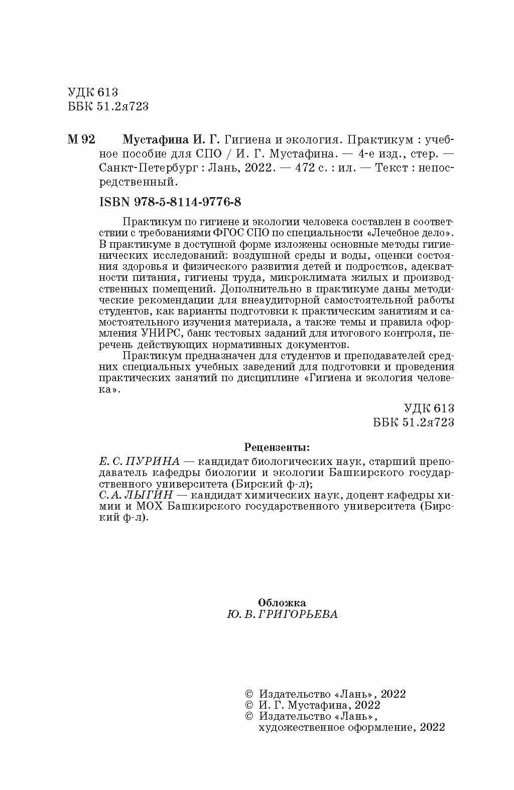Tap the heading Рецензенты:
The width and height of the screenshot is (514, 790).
277,446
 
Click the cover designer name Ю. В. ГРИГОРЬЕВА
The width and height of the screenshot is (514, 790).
282,614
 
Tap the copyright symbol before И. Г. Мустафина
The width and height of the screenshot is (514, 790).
248,705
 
